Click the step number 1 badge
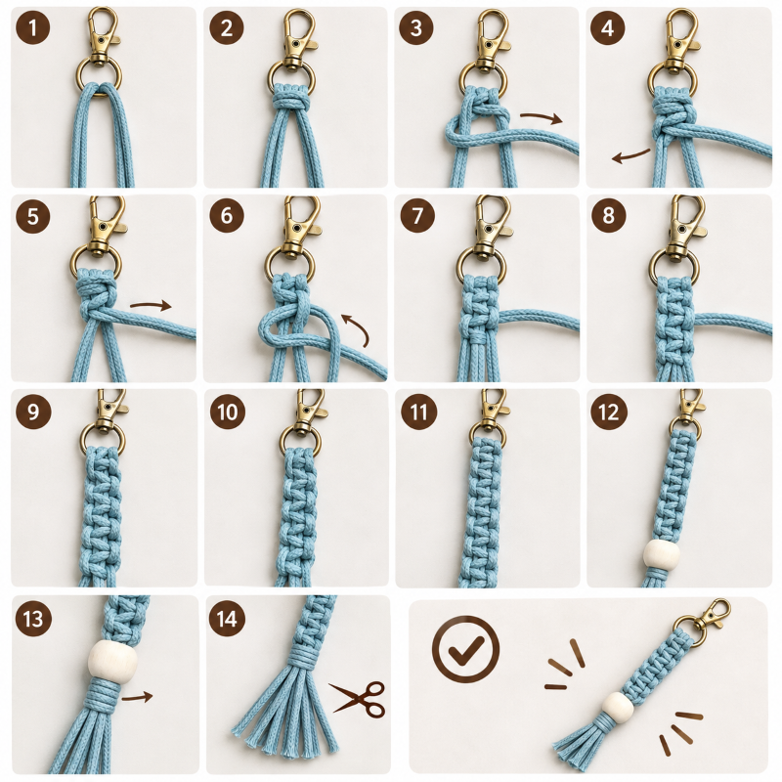click(33, 27)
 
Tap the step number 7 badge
click(417, 215)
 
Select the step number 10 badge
click(228, 412)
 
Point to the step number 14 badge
click(227, 619)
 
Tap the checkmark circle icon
click(465, 649)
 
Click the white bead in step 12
click(662, 553)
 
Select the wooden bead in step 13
click(112, 659)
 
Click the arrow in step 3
click(542, 117)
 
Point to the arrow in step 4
click(630, 156)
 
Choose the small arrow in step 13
click(137, 697)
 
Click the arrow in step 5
click(151, 306)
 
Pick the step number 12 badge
click(608, 412)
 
